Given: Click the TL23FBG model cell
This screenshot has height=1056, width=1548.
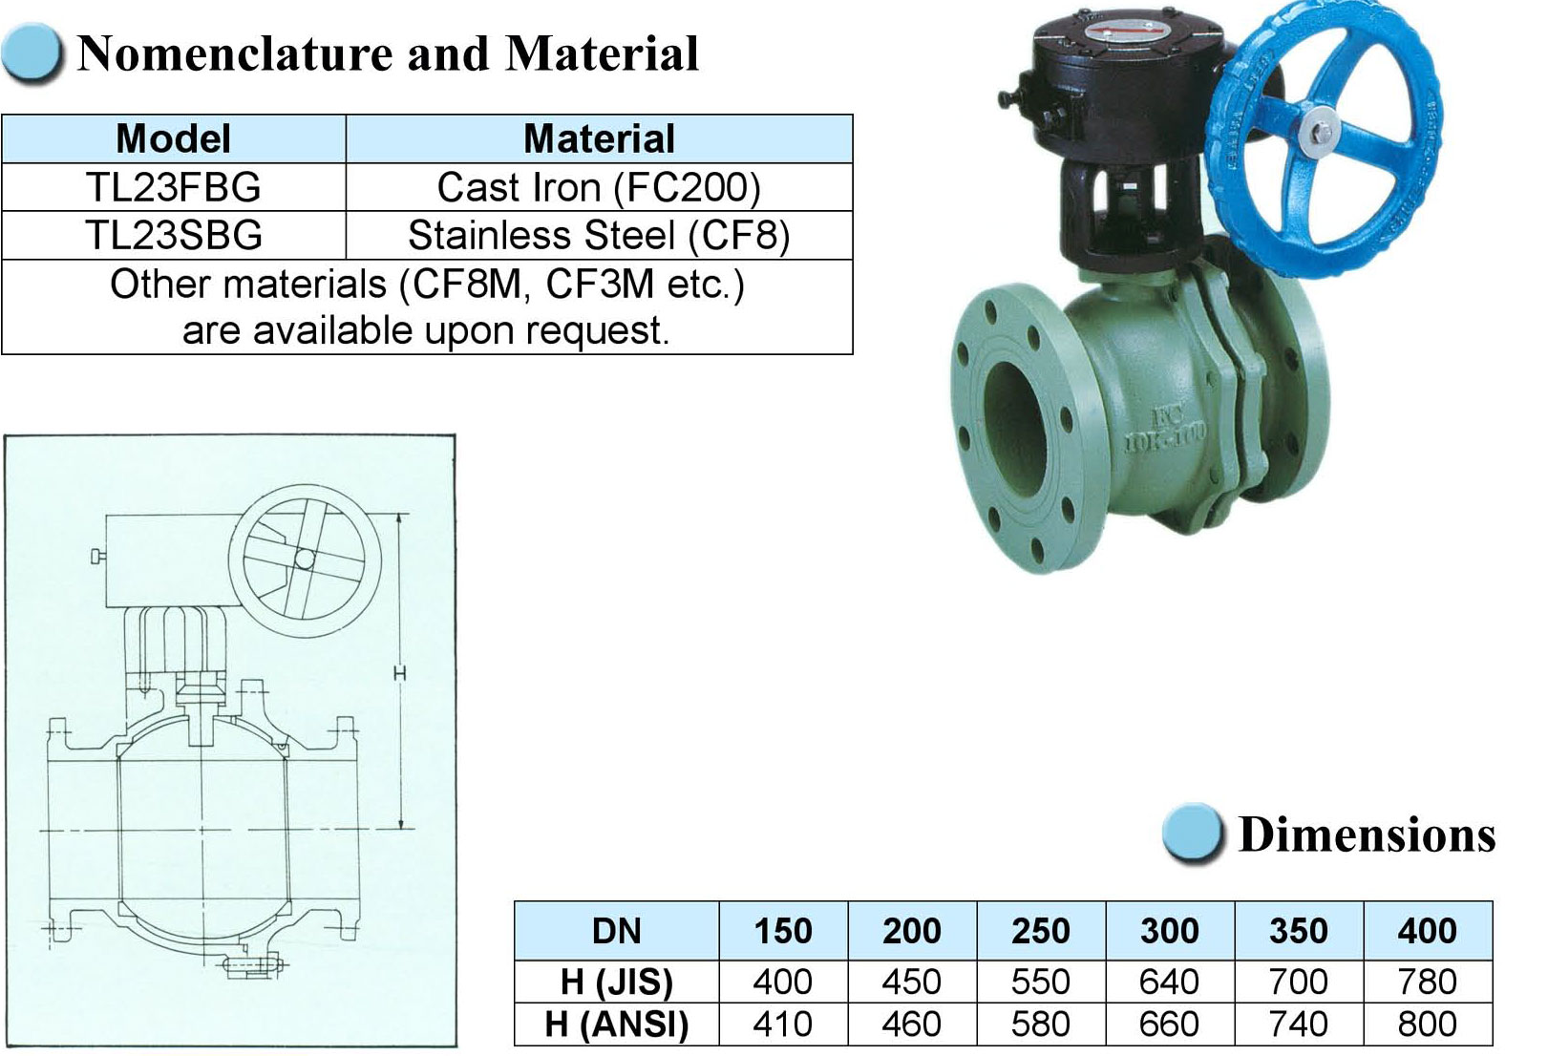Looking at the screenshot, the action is click(174, 187).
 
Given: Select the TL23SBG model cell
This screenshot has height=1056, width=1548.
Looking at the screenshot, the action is click(174, 236).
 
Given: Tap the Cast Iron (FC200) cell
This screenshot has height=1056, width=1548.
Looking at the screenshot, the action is click(599, 187).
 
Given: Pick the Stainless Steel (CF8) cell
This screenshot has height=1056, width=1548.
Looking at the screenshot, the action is click(599, 236).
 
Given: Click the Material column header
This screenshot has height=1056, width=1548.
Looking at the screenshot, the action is click(599, 138).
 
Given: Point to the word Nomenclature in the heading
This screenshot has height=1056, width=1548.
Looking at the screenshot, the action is click(236, 53).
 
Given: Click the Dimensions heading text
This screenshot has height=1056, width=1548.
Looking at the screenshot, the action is click(1367, 834).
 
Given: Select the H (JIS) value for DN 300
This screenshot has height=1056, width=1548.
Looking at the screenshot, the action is click(1169, 982).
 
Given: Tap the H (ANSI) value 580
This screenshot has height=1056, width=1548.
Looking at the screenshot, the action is click(1041, 1024).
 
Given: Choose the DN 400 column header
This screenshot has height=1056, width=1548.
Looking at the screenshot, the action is click(1428, 931).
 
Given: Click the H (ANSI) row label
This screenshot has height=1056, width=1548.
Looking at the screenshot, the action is click(617, 1024).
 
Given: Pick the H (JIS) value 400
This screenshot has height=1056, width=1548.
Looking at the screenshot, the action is click(783, 982).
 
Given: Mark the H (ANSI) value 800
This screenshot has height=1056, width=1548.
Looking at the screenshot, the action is click(1428, 1024).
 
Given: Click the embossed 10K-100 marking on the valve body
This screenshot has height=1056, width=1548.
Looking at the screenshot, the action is click(1164, 437).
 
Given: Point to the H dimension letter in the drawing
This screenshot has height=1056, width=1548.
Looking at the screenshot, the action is click(400, 672).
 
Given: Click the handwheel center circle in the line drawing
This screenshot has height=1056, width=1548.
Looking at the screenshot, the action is click(303, 560).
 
